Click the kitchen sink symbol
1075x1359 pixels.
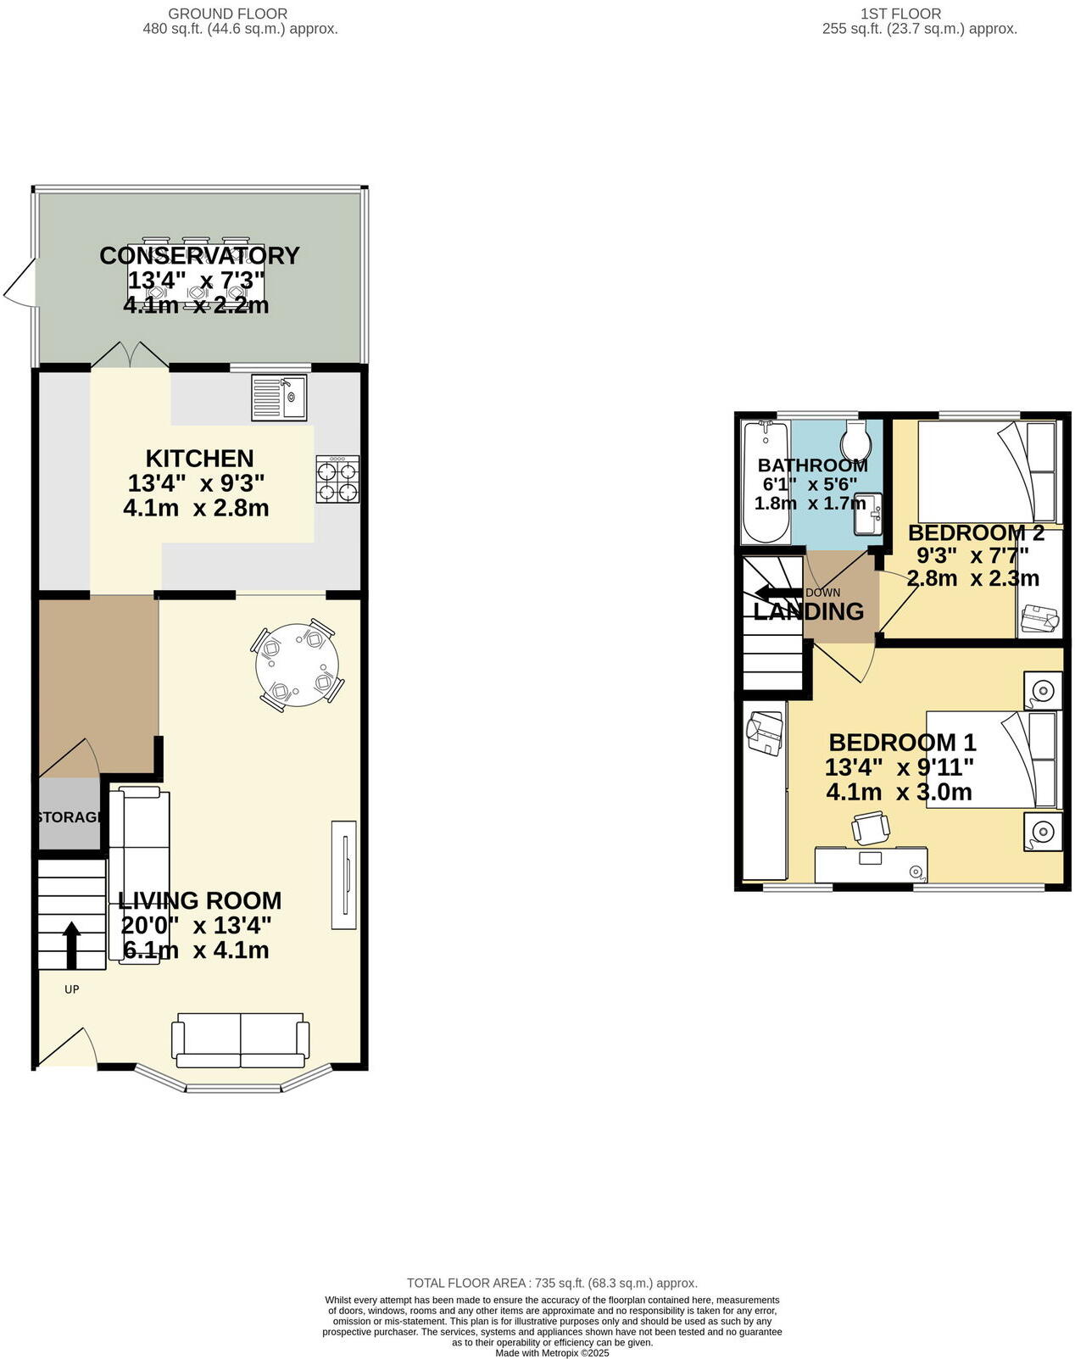pyautogui.click(x=280, y=398)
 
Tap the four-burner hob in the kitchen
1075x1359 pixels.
pyautogui.click(x=337, y=480)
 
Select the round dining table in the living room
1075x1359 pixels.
pyautogui.click(x=298, y=665)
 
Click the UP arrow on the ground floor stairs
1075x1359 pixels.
pyautogui.click(x=72, y=944)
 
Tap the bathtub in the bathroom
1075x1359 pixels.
pyautogui.click(x=766, y=483)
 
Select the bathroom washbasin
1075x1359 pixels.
pyautogui.click(x=868, y=515)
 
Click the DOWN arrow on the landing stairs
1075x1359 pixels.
pyautogui.click(x=773, y=593)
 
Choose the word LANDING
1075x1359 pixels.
pyautogui.click(x=808, y=611)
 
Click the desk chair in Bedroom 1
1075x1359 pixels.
pyautogui.click(x=871, y=827)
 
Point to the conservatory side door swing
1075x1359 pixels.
pyautogui.click(x=21, y=284)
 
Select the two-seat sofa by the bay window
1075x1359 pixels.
pyautogui.click(x=240, y=1040)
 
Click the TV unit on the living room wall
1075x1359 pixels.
pyautogui.click(x=344, y=874)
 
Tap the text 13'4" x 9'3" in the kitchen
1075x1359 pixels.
pyautogui.click(x=196, y=483)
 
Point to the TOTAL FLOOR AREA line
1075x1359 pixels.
pyautogui.click(x=552, y=1283)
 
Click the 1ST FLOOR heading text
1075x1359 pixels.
pyautogui.click(x=900, y=14)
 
